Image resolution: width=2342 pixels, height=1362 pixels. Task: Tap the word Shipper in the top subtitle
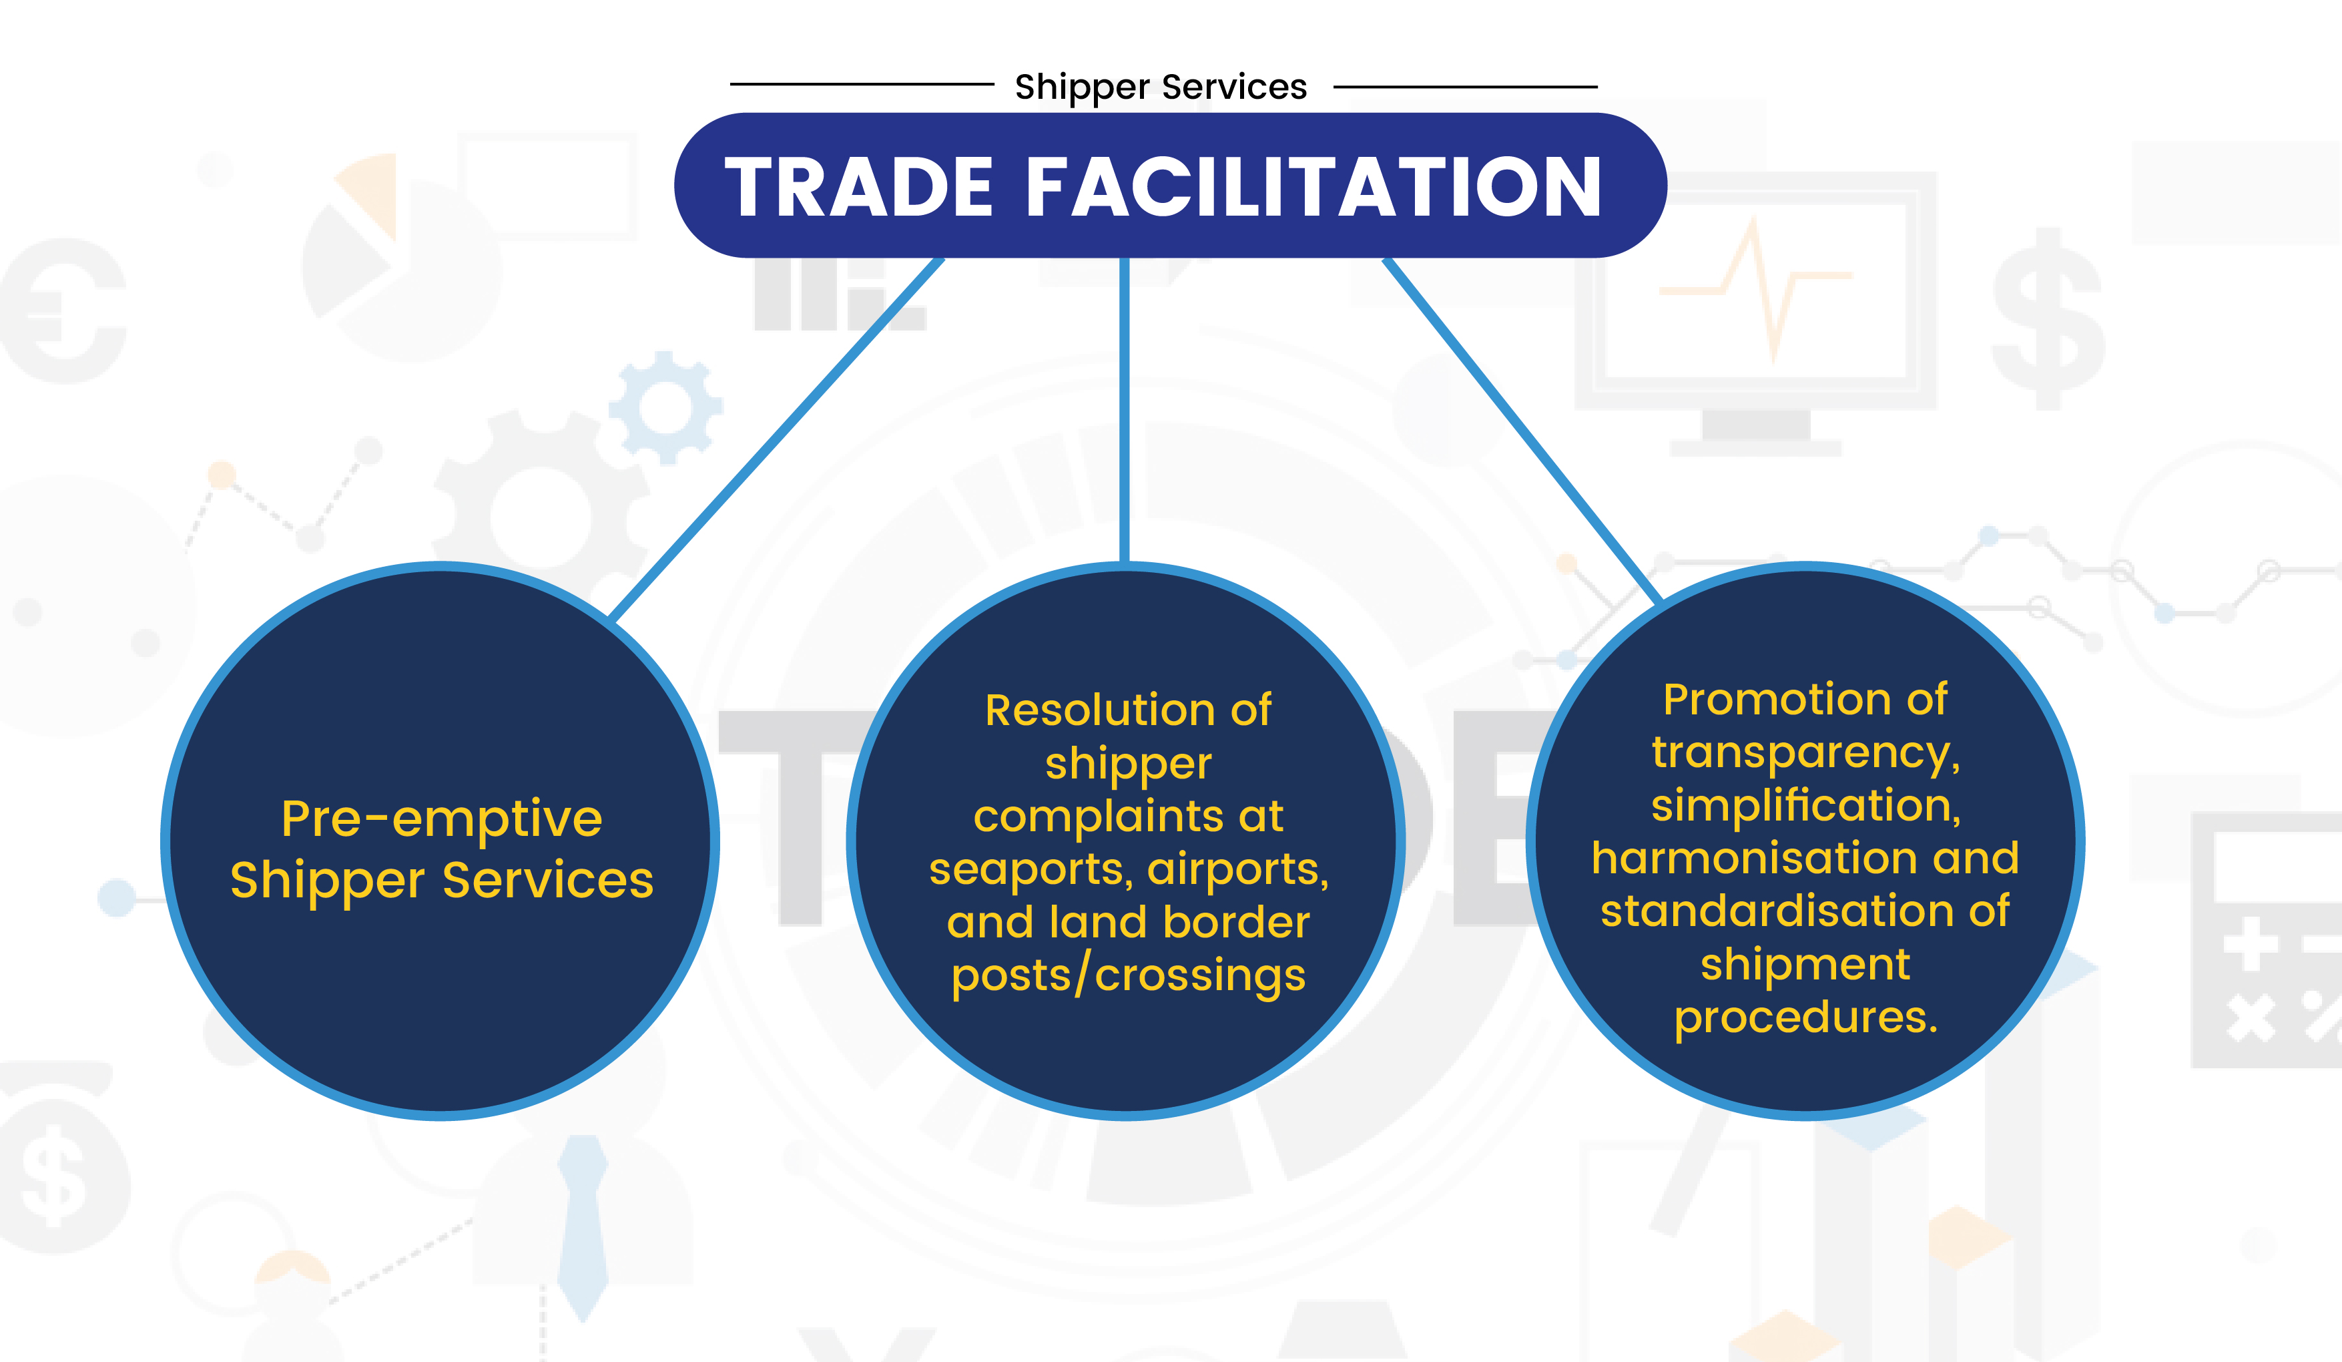1082,87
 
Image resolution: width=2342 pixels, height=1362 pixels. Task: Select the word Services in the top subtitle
1234,87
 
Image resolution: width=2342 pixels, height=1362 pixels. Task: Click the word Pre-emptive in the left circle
441,820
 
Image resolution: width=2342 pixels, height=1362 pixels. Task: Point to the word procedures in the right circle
1805,1019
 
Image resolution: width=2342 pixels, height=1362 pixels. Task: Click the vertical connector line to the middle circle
1125,410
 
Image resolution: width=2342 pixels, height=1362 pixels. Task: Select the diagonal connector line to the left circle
776,438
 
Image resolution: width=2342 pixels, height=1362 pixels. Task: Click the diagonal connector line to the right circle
1521,431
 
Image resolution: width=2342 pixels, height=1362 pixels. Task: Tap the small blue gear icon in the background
665,407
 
